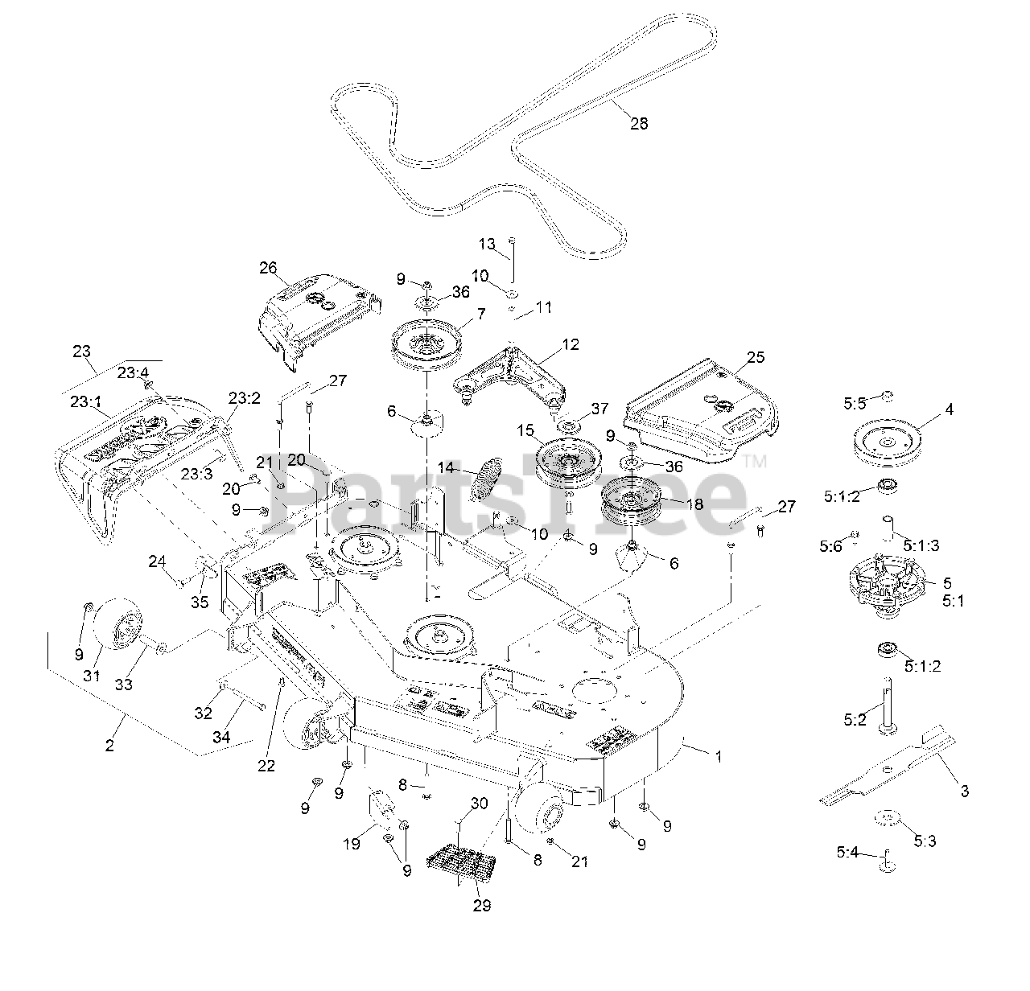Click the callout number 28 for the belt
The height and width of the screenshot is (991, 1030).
pyautogui.click(x=638, y=123)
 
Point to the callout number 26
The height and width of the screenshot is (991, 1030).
pyautogui.click(x=268, y=267)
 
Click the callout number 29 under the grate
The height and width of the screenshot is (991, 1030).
pyautogui.click(x=482, y=905)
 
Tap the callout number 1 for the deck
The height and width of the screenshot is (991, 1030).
pyautogui.click(x=718, y=756)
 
